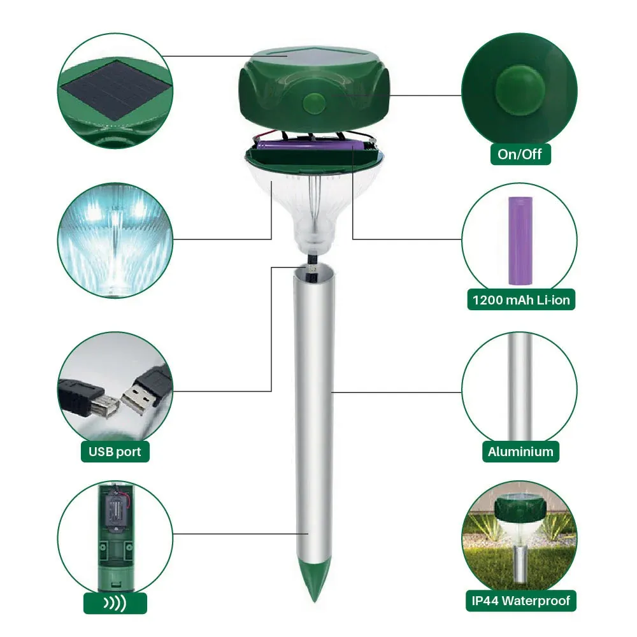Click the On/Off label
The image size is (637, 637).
(x=520, y=154)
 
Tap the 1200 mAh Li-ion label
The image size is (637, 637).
(x=521, y=300)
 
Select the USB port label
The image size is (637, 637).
(x=115, y=452)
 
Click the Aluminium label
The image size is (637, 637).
(x=520, y=452)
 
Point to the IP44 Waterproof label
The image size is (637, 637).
(x=521, y=601)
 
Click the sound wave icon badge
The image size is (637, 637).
(x=115, y=603)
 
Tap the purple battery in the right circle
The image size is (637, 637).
(x=520, y=241)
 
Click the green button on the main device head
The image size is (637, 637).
(x=314, y=102)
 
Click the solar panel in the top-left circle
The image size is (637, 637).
(x=115, y=90)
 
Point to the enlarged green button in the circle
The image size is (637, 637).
(x=520, y=89)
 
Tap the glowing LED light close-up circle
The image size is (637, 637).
(x=115, y=240)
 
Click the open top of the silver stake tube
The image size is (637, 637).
(x=314, y=271)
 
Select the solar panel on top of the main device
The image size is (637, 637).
(x=313, y=56)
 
